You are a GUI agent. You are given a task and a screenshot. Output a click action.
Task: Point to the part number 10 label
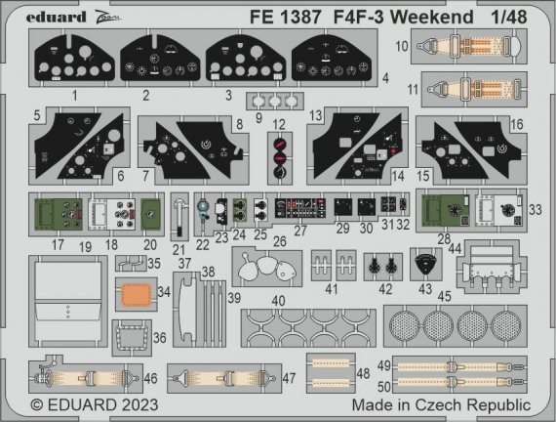(401, 46)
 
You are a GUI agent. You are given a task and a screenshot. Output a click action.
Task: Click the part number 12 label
(279, 124)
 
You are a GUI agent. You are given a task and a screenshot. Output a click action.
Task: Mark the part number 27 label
(300, 231)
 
